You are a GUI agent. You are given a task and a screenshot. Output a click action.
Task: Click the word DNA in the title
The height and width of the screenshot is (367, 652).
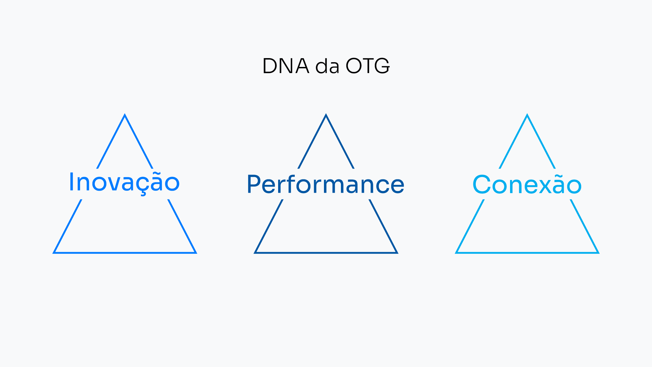click(286, 66)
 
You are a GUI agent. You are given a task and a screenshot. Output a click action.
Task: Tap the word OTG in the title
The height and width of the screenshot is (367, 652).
click(368, 66)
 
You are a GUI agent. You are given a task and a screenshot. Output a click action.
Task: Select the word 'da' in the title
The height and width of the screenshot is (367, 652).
click(327, 67)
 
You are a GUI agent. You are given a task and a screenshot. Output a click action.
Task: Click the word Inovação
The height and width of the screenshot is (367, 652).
click(124, 182)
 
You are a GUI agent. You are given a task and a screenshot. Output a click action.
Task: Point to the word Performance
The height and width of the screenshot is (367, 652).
click(326, 185)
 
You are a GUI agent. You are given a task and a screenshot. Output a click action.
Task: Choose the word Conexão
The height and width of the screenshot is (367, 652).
click(527, 185)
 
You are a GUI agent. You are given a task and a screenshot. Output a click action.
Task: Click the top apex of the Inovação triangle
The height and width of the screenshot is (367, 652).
click(125, 115)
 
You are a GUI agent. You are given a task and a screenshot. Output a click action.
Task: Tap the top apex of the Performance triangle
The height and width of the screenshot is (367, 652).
click(326, 115)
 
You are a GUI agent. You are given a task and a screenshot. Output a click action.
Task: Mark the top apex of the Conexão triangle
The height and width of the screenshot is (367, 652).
click(527, 115)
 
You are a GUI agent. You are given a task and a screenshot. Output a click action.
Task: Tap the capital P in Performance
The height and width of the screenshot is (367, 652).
click(253, 184)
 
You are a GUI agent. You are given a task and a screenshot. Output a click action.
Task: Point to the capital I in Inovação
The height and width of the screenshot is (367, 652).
click(71, 182)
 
